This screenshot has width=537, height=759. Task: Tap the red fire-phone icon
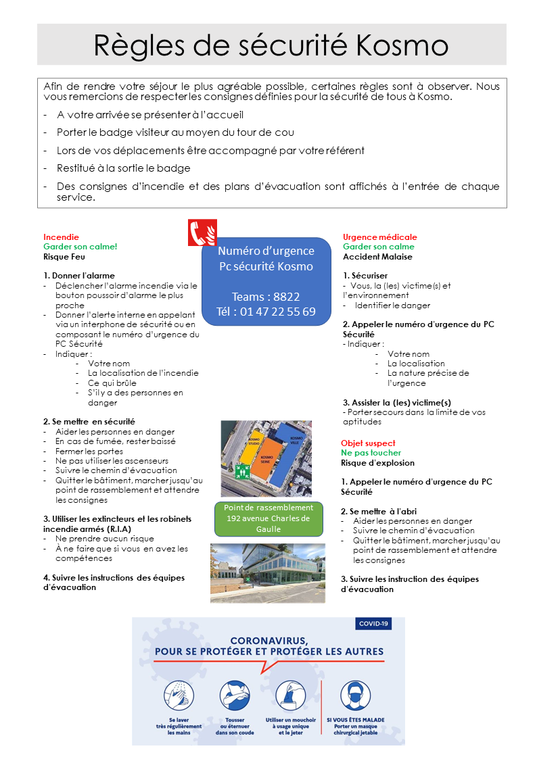pyautogui.click(x=202, y=232)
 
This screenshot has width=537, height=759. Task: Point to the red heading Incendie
pyautogui.click(x=61, y=237)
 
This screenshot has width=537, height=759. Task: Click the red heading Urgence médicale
pyautogui.click(x=379, y=237)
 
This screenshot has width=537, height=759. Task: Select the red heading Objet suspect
pyautogui.click(x=369, y=443)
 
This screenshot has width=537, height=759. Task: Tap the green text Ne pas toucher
pyautogui.click(x=371, y=453)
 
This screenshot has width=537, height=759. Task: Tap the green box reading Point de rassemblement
pyautogui.click(x=267, y=518)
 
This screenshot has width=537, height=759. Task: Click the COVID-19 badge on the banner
pyautogui.click(x=373, y=625)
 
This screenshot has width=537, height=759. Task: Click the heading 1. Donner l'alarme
pyautogui.click(x=79, y=276)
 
